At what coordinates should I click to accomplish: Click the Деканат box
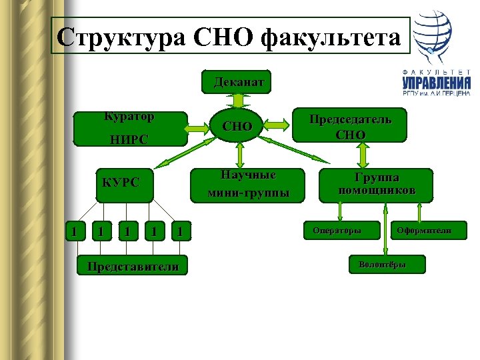[239, 82]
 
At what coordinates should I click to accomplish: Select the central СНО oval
[237, 126]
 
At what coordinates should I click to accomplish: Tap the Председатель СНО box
[350, 126]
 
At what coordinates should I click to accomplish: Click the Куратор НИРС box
[129, 129]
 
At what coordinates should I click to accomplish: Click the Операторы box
[337, 231]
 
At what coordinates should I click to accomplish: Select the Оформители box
[423, 231]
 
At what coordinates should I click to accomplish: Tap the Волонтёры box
[382, 265]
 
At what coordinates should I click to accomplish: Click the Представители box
[131, 265]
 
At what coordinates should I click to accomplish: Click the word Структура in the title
[107, 37]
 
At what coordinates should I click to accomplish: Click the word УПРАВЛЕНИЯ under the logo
[436, 83]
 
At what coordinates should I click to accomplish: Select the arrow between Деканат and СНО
[239, 100]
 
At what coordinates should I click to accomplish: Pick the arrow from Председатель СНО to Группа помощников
[363, 154]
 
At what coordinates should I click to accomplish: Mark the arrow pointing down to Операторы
[340, 211]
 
